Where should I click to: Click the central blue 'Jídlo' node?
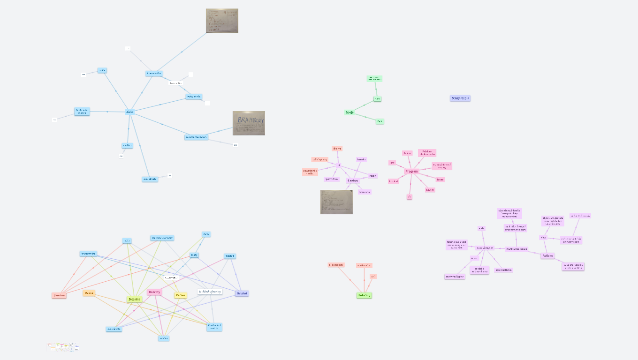point(129,112)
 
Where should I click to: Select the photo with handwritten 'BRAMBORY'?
point(249,123)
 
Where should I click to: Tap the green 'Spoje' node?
point(349,112)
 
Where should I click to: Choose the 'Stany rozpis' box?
point(460,98)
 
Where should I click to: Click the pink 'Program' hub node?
point(411,172)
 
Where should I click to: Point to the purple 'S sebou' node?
point(353,180)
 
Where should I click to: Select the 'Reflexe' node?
point(547,256)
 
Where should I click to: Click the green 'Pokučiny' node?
point(365,295)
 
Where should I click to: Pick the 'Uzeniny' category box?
point(59,295)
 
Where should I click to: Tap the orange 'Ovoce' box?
point(89,293)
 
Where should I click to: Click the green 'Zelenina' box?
point(134,299)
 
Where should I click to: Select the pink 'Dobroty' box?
point(154,292)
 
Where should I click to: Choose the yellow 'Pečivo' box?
point(181,295)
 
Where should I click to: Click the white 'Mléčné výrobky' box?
point(210,292)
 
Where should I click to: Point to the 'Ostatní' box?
point(242,293)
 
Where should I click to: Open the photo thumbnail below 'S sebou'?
point(336,202)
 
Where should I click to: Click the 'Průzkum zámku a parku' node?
point(427,153)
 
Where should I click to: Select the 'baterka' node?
point(361,159)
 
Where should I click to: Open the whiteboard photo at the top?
point(222,21)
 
